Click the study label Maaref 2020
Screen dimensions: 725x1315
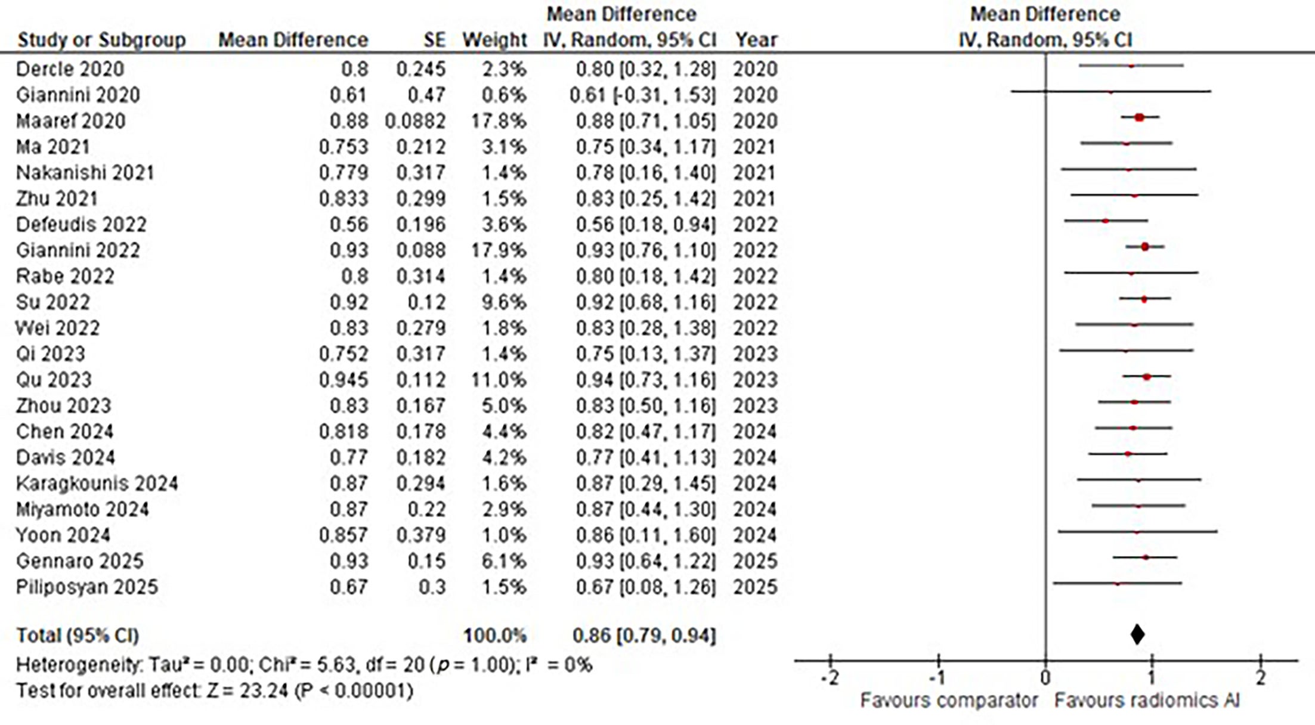tap(70, 121)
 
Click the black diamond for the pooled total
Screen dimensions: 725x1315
tap(1137, 634)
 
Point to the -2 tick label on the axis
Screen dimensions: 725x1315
tap(830, 678)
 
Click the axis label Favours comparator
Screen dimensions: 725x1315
tap(948, 701)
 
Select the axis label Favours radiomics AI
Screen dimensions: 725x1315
tap(1146, 701)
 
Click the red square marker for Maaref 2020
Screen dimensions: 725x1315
tap(1139, 117)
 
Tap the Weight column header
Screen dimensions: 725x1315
tap(494, 40)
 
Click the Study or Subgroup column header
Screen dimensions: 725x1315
tap(101, 40)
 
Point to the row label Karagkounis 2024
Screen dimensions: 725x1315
tap(97, 484)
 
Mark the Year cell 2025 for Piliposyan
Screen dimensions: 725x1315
tap(755, 587)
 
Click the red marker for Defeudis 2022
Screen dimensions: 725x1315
tap(1105, 221)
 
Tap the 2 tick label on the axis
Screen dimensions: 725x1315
tap(1260, 678)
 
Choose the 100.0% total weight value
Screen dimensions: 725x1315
tap(495, 636)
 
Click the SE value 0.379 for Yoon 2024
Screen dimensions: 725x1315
tap(420, 535)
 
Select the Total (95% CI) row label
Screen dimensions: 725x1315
tap(77, 636)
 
